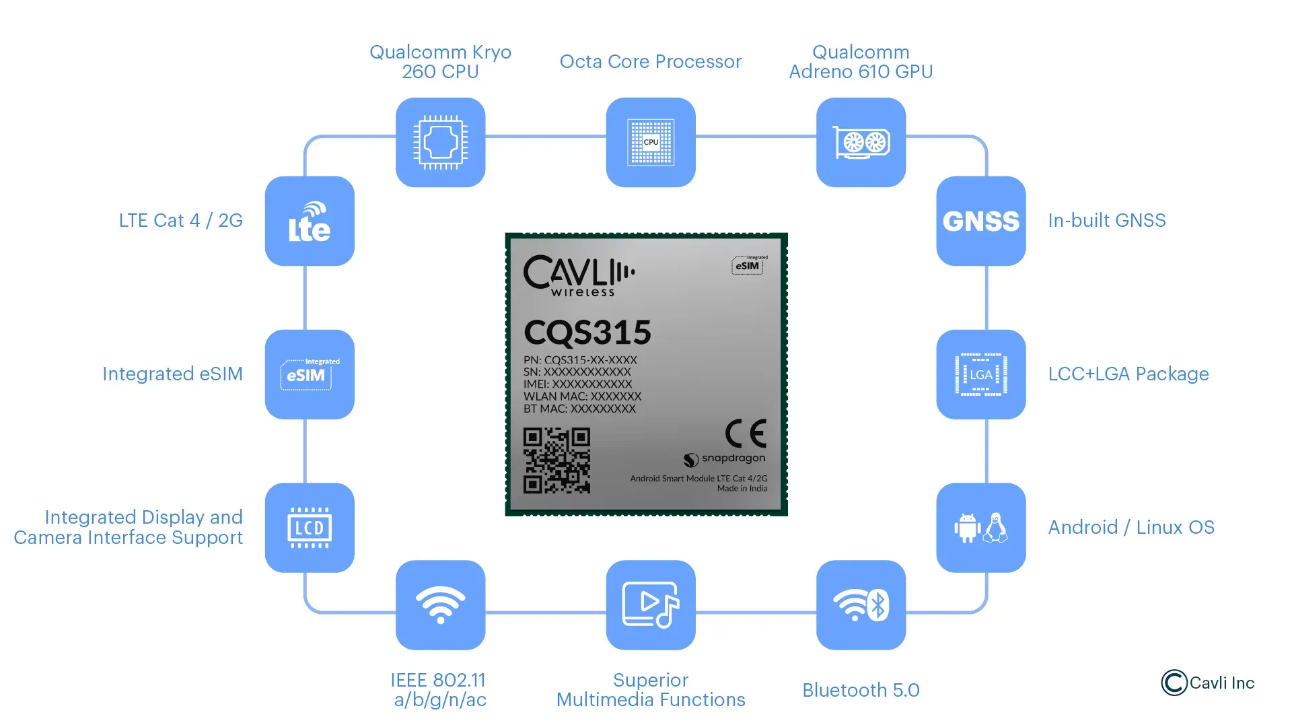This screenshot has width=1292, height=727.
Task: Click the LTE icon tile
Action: (x=310, y=221)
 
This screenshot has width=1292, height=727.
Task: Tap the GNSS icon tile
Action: (x=980, y=221)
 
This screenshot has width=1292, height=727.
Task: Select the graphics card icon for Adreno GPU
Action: (x=861, y=142)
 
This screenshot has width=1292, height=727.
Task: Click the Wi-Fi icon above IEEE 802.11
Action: (x=440, y=604)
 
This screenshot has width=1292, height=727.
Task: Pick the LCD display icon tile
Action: (x=310, y=528)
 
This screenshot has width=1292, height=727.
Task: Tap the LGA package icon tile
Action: (x=980, y=374)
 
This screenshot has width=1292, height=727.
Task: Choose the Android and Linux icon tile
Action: (x=980, y=528)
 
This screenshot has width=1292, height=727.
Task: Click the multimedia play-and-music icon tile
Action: (x=650, y=604)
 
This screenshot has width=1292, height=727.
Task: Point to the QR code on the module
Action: (x=557, y=461)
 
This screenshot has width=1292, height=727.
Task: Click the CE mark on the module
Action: (x=746, y=434)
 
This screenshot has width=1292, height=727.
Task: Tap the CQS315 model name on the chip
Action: (x=587, y=333)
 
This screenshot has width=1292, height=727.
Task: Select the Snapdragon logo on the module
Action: (x=725, y=459)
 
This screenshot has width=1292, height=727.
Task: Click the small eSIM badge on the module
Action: (x=748, y=265)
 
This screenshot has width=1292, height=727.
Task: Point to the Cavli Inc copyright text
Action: (x=1208, y=683)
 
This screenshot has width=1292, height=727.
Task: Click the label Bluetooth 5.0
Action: (x=861, y=690)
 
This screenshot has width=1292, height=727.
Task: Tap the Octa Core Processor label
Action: (x=650, y=62)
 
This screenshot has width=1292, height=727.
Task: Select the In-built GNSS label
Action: (x=1106, y=221)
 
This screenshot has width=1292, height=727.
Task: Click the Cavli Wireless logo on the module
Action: (x=579, y=275)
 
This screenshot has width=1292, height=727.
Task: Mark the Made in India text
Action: (x=742, y=489)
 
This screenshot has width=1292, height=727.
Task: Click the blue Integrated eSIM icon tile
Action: (x=310, y=374)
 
